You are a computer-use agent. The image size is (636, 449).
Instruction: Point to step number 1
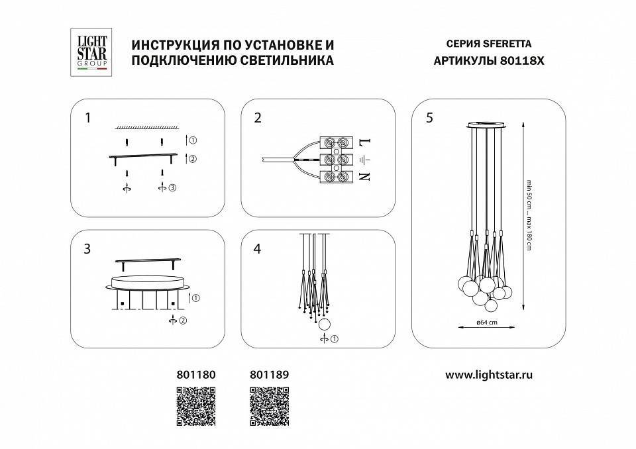pyautogui.click(x=87, y=119)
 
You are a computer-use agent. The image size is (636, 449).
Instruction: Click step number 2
pyautogui.click(x=258, y=119)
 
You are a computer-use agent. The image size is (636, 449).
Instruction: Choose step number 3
pyautogui.click(x=87, y=249)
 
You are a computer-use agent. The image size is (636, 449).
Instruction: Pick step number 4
pyautogui.click(x=258, y=250)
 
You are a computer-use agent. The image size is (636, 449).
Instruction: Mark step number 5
pyautogui.click(x=429, y=119)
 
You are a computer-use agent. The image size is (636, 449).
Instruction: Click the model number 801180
pyautogui.click(x=196, y=374)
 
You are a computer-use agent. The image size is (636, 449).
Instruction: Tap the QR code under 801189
pyautogui.click(x=269, y=405)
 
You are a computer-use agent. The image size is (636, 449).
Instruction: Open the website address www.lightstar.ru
pyautogui.click(x=489, y=374)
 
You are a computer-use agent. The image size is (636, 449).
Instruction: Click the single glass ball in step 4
pyautogui.click(x=325, y=324)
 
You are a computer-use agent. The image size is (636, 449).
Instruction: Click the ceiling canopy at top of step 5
pyautogui.click(x=488, y=125)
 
